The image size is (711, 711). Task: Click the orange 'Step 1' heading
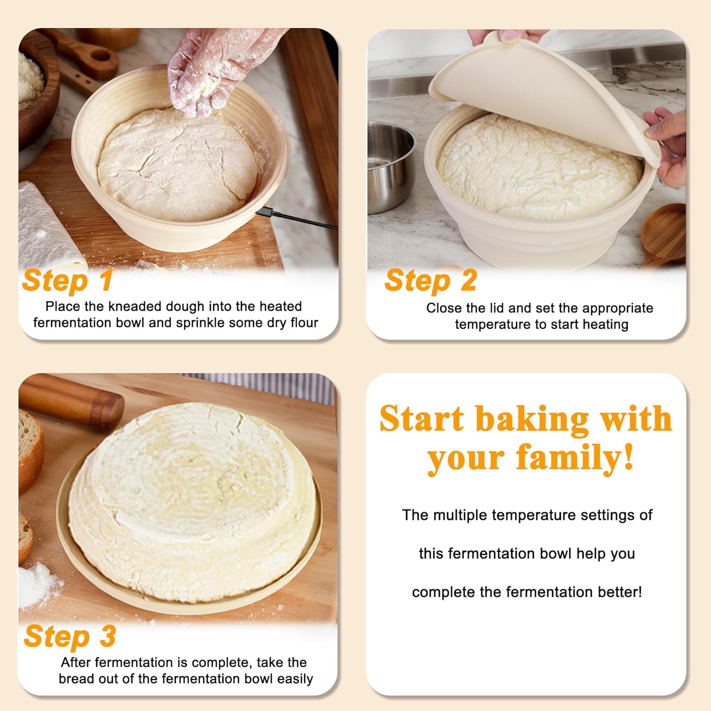tap(67, 281)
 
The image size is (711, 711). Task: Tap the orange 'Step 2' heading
tap(430, 281)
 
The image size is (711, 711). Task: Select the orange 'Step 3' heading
tap(70, 636)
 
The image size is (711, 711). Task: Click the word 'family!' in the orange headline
tap(574, 458)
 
